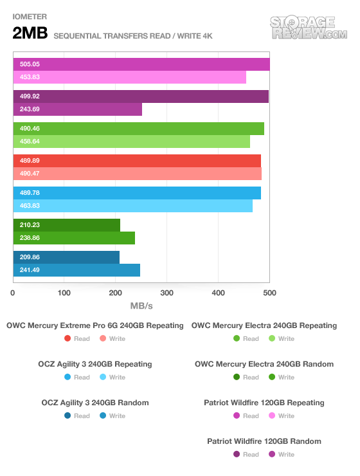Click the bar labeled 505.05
141,64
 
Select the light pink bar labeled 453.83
129,77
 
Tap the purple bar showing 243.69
78,109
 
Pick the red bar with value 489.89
137,161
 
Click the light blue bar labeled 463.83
133,206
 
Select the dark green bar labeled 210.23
67,225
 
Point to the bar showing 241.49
76,270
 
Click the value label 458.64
30,142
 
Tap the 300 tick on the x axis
166,293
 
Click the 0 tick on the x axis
13,293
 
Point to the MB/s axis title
141,306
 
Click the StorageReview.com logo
309,28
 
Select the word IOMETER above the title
30,17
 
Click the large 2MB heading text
30,33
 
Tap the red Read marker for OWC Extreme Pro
67,338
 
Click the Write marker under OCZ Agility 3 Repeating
103,377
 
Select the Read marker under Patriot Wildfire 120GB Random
237,454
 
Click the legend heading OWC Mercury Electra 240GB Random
264,364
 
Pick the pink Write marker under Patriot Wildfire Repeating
272,416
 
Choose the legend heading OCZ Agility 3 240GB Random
95,403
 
